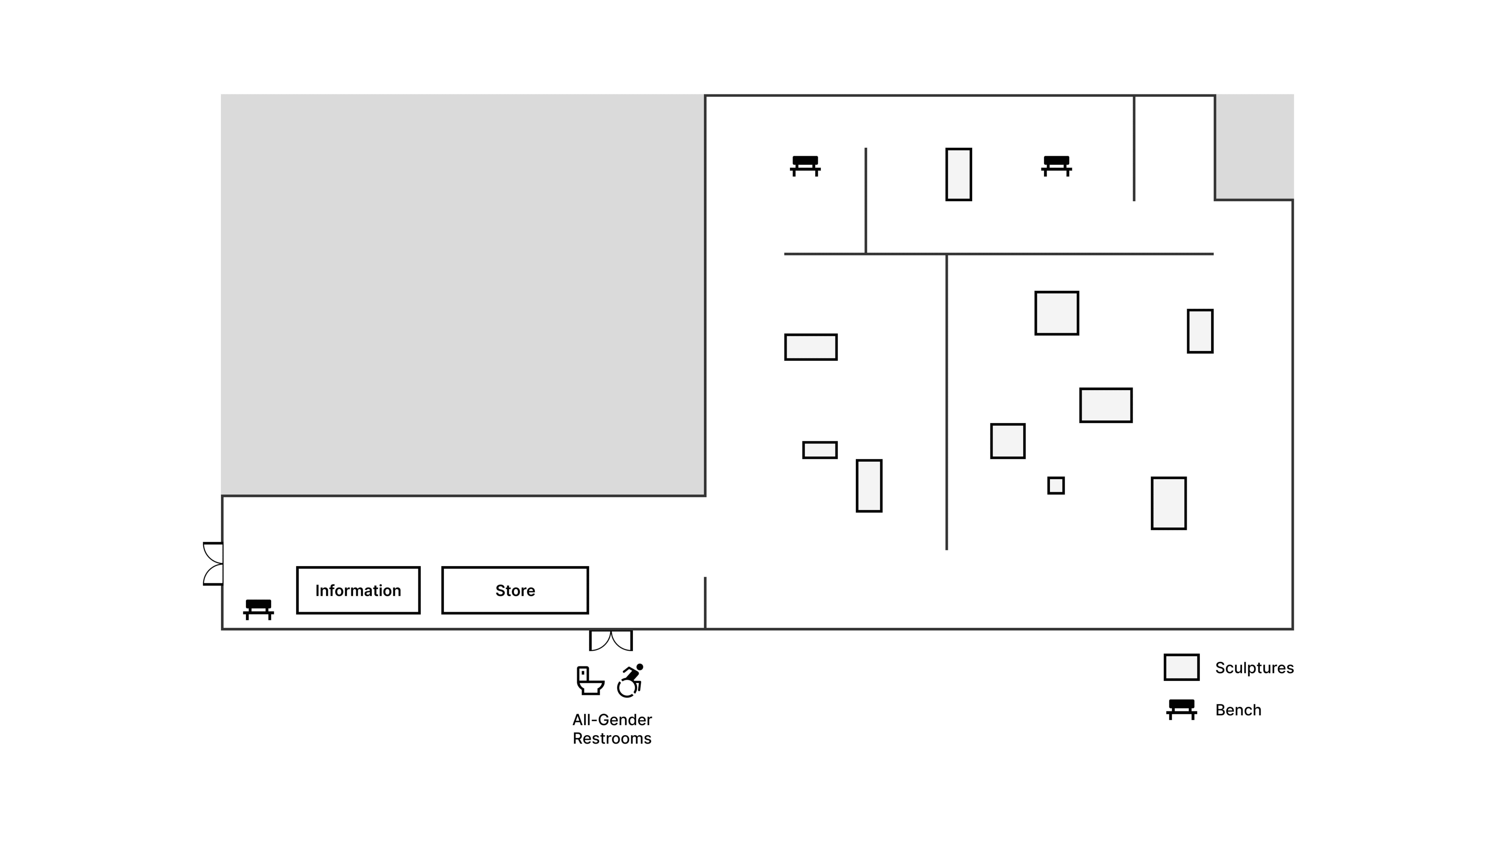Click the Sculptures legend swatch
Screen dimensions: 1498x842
coord(1181,667)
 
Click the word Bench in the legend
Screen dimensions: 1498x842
coord(1238,710)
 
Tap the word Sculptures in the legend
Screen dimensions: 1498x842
coord(1254,668)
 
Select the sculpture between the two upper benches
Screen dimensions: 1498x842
coord(958,174)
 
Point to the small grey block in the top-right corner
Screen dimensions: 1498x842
coord(1254,146)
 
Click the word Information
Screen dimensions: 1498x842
coord(358,590)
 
